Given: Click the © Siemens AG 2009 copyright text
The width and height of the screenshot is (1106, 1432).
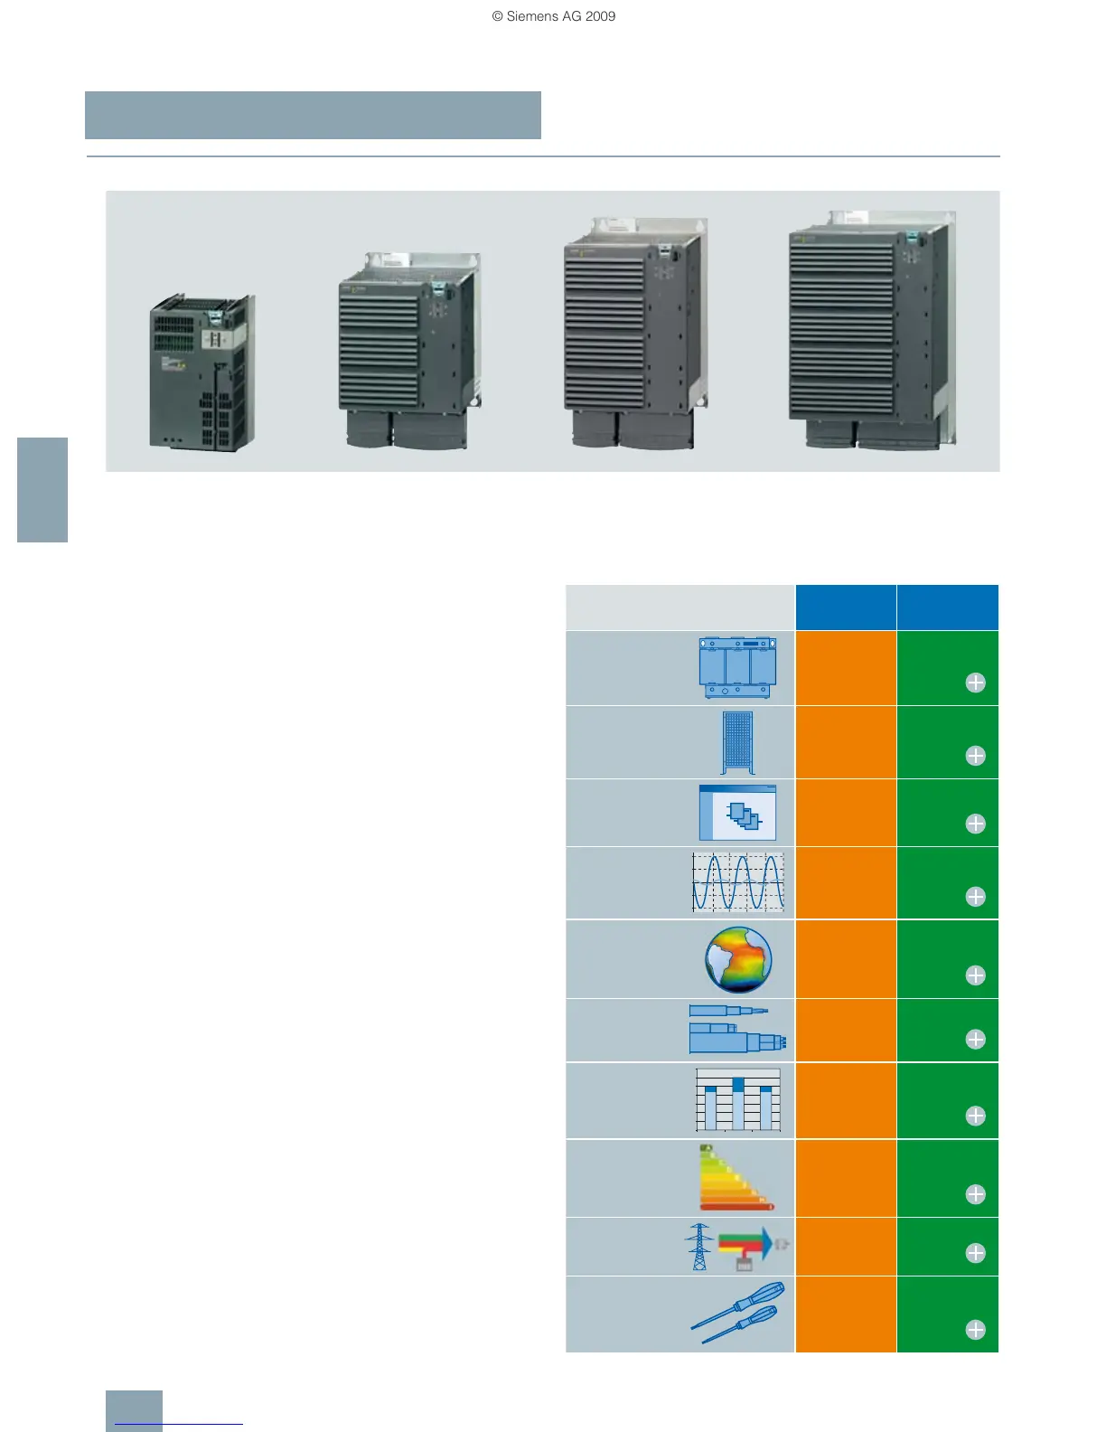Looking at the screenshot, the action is click(x=553, y=16).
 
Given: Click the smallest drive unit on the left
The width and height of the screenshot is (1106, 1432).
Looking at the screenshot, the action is click(x=201, y=372).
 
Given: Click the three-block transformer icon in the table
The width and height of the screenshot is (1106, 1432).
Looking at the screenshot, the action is click(x=737, y=667).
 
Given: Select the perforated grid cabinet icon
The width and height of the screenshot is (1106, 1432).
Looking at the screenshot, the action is click(x=737, y=743).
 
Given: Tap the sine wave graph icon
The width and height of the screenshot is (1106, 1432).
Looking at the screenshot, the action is click(x=737, y=881).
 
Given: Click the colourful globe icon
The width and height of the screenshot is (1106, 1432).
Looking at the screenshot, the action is click(x=738, y=959).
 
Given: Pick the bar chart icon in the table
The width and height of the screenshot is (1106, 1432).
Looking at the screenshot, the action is click(x=737, y=1100).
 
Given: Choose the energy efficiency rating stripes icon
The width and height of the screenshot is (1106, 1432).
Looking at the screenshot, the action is click(x=736, y=1178).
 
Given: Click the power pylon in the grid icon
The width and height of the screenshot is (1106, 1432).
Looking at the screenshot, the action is click(x=699, y=1247).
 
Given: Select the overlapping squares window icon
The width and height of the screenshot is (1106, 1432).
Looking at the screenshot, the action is click(x=737, y=813).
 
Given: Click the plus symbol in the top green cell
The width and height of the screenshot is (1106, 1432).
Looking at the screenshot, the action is click(x=975, y=683).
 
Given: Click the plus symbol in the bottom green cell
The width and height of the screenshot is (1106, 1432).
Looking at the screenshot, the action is click(x=975, y=1330).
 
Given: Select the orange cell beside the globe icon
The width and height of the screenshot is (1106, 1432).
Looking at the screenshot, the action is click(x=846, y=959).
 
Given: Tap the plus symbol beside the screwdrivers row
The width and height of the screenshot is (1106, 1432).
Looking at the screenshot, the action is click(x=975, y=1330).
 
